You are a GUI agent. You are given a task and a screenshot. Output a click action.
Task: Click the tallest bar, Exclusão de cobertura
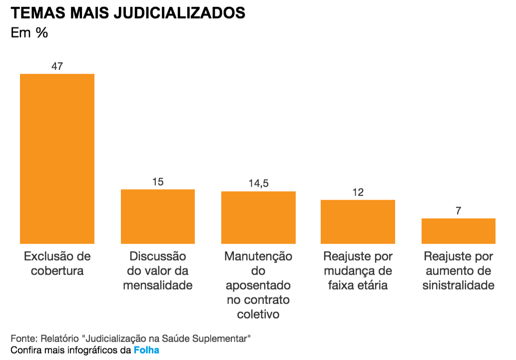pyautogui.click(x=57, y=158)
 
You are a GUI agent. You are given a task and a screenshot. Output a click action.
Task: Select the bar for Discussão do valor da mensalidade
pyautogui.click(x=158, y=216)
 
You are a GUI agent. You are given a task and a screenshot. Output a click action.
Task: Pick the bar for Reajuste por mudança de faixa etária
pyautogui.click(x=358, y=221)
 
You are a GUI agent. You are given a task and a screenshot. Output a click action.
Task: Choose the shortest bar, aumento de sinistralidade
pyautogui.click(x=458, y=230)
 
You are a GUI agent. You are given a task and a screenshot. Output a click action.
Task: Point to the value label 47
pyautogui.click(x=57, y=66)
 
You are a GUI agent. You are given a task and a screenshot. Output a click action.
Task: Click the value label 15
pyautogui.click(x=158, y=181)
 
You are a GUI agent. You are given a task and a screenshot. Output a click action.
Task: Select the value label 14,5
pyautogui.click(x=258, y=183)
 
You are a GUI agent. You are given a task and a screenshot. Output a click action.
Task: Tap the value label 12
pyautogui.click(x=358, y=192)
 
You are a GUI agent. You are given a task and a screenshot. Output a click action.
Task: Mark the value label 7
pyautogui.click(x=458, y=210)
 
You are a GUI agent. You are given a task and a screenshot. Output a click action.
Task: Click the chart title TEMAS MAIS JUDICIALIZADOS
pyautogui.click(x=128, y=13)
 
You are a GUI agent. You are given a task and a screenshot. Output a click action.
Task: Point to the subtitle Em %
pyautogui.click(x=29, y=33)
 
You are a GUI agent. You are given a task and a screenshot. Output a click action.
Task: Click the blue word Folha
pyautogui.click(x=146, y=350)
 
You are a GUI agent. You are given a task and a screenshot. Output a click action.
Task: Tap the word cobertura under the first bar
pyautogui.click(x=57, y=271)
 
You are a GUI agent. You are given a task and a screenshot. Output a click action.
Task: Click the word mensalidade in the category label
pyautogui.click(x=158, y=285)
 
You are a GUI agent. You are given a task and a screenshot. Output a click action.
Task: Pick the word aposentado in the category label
pyautogui.click(x=258, y=285)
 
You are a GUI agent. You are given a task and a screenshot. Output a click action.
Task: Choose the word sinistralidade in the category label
pyautogui.click(x=458, y=285)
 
